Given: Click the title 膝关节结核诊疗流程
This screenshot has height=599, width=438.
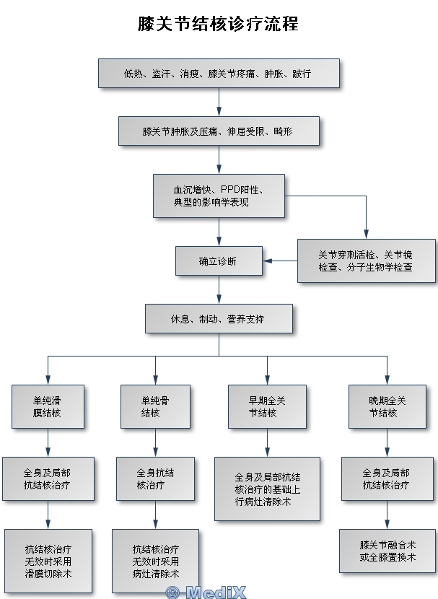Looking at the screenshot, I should tap(218, 25).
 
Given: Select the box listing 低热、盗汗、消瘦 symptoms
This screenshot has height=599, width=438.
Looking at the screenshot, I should tap(219, 74).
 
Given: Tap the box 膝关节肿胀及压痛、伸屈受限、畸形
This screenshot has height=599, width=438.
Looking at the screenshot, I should tap(219, 131).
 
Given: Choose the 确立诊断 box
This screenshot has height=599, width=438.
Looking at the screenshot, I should tap(219, 261).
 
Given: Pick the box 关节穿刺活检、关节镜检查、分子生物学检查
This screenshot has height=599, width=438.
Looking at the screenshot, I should tap(366, 261).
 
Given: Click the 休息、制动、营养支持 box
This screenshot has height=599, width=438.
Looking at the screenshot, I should tap(219, 318).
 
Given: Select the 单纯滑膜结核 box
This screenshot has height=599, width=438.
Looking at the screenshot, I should tap(48, 406).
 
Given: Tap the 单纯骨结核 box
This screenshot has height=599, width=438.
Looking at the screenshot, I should tap(155, 406).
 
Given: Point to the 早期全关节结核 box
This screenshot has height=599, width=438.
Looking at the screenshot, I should tap(267, 406).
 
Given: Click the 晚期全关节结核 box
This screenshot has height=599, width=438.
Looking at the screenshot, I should tap(387, 406).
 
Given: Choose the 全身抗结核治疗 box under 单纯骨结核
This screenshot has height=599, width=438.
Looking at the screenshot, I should tap(155, 478).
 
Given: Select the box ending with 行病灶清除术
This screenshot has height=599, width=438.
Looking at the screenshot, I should tap(267, 488).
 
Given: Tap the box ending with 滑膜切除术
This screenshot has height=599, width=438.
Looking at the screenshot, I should tap(48, 559).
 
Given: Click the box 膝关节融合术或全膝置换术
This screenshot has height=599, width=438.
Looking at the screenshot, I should tap(387, 551).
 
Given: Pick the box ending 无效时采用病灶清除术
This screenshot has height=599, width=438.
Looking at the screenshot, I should tap(155, 559).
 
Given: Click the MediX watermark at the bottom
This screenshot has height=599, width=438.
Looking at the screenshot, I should tap(206, 593).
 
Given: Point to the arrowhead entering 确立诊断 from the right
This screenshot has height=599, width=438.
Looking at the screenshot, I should tap(268, 261).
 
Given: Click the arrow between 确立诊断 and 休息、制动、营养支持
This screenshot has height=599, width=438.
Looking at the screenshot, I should tap(219, 289).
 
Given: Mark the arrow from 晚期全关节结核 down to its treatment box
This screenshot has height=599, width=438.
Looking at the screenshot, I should tap(387, 442).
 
